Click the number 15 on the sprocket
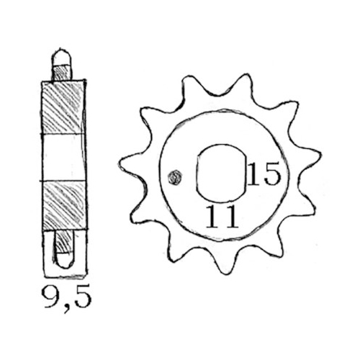tap(263, 174)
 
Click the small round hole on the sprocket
tap(173, 177)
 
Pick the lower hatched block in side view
tap(63, 205)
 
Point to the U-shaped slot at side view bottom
tap(63, 256)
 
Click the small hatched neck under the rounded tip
tap(63, 72)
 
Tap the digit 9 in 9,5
tap(50, 296)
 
